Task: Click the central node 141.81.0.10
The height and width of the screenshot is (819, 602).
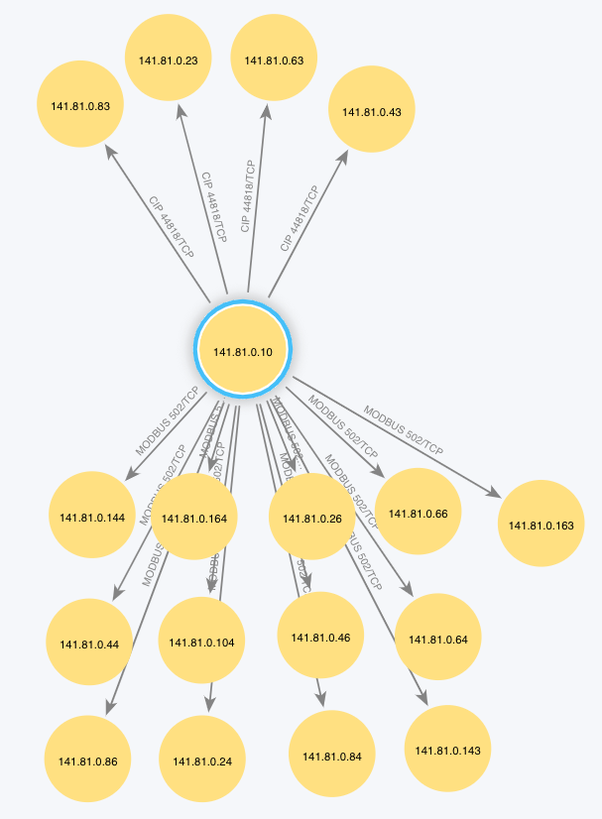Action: pyautogui.click(x=243, y=350)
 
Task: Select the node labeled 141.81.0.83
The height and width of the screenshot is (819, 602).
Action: pyautogui.click(x=80, y=105)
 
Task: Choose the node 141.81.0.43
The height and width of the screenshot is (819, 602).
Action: pyautogui.click(x=371, y=112)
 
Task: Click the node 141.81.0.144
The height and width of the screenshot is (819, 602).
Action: pyautogui.click(x=91, y=517)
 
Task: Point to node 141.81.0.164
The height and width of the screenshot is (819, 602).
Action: pyautogui.click(x=193, y=517)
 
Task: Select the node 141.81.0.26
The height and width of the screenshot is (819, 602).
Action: pyautogui.click(x=311, y=518)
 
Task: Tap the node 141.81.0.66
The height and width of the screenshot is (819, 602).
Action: pyautogui.click(x=418, y=513)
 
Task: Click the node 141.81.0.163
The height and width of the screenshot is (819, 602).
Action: pyautogui.click(x=542, y=525)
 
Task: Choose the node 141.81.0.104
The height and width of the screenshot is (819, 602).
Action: pyautogui.click(x=201, y=643)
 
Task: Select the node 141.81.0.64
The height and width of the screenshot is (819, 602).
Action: pyautogui.click(x=437, y=639)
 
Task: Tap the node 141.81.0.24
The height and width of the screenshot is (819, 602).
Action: pyautogui.click(x=201, y=761)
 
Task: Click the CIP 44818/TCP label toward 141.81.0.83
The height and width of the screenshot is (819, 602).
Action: pyautogui.click(x=171, y=226)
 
